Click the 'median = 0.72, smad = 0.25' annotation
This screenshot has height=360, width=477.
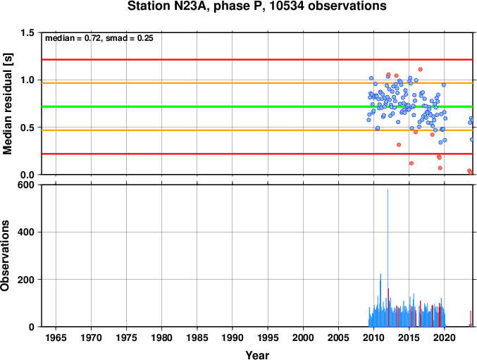tap(99, 38)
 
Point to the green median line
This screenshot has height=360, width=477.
tap(257, 106)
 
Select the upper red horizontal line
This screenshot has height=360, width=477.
tap(257, 60)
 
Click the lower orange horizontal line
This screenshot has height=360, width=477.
tap(257, 130)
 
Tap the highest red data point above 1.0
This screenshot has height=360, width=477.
tap(421, 69)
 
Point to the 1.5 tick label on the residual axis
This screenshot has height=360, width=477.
tap(27, 32)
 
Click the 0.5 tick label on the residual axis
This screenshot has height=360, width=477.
tap(27, 128)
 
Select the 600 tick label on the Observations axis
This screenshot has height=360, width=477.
tap(26, 185)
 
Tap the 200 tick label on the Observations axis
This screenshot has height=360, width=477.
tap(26, 280)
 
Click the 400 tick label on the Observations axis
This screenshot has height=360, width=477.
tap(26, 232)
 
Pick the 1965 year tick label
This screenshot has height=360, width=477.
tap(56, 337)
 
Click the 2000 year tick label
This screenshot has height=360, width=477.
tap(303, 337)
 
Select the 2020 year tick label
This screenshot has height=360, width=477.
tap(445, 337)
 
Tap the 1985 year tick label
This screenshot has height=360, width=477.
tap(197, 337)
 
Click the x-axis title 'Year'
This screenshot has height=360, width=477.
tap(257, 355)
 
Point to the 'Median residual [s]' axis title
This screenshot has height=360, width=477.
tap(7, 104)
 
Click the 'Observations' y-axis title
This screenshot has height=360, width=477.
tap(5, 256)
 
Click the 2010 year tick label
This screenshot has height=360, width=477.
tap(373, 337)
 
